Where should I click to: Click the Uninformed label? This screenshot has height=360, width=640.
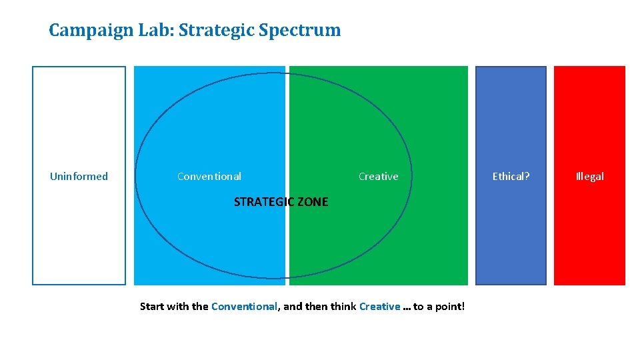click(x=79, y=177)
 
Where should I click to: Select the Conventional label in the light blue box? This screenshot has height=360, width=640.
click(x=209, y=177)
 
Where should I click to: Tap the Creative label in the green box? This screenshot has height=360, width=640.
click(x=378, y=177)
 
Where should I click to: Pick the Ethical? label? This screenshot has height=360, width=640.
click(x=511, y=177)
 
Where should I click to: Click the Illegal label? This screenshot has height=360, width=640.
click(x=589, y=177)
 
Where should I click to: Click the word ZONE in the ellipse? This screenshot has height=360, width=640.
click(x=313, y=202)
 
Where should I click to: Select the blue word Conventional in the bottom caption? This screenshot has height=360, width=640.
click(x=244, y=307)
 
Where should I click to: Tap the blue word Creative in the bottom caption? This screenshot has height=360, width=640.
click(x=379, y=307)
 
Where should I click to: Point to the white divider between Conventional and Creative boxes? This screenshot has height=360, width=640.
click(x=287, y=133)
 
